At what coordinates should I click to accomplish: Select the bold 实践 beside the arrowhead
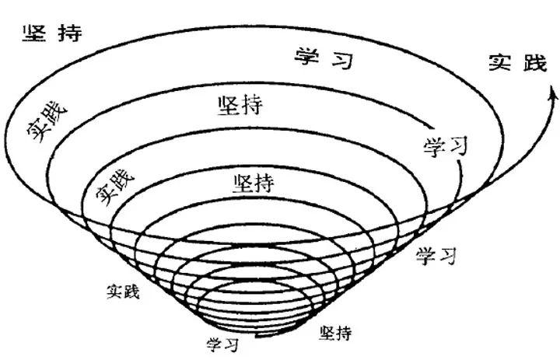click(x=518, y=64)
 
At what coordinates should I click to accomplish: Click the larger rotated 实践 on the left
click(x=47, y=120)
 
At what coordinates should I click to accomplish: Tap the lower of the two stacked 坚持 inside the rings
click(x=253, y=184)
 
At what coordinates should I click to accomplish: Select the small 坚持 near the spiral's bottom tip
click(x=335, y=333)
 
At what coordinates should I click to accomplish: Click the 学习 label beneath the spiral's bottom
click(x=222, y=343)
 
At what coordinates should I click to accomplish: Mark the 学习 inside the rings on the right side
click(x=445, y=145)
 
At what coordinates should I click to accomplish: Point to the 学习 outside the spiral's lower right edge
click(x=436, y=254)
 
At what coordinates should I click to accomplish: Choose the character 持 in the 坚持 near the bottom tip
click(x=344, y=333)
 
